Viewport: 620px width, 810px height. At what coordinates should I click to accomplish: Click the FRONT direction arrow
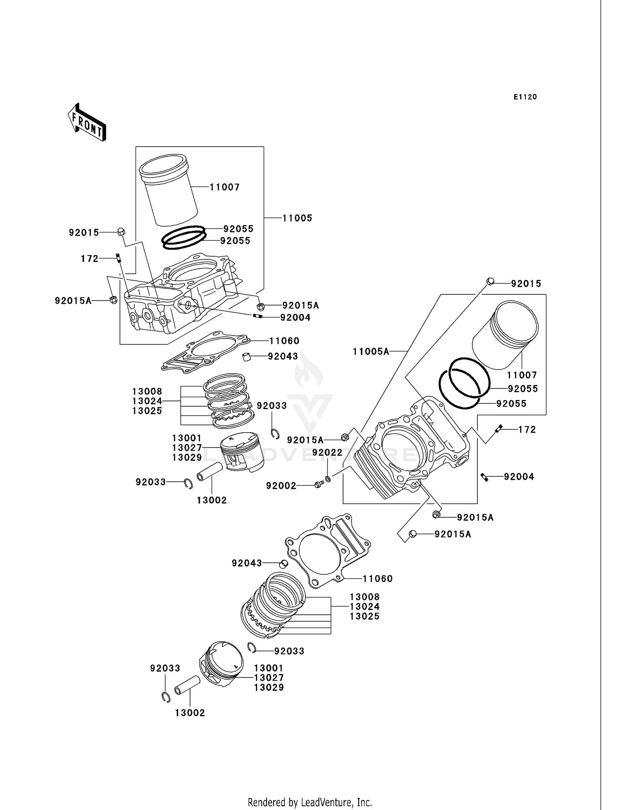tap(87, 122)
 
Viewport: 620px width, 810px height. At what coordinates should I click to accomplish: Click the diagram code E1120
tap(525, 97)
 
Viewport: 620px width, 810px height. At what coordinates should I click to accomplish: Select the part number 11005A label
tap(371, 351)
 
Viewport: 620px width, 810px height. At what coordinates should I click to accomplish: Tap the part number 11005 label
tap(297, 218)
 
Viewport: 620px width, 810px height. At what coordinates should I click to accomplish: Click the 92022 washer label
tap(327, 452)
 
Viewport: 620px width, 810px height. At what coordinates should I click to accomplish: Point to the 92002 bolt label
tap(281, 486)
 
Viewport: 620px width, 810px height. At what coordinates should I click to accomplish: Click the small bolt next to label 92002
tap(318, 485)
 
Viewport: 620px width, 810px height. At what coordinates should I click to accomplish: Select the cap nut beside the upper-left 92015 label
tap(121, 232)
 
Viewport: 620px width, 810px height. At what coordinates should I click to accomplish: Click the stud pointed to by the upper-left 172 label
tap(118, 258)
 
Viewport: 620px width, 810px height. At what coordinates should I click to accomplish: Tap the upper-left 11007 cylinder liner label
tap(224, 187)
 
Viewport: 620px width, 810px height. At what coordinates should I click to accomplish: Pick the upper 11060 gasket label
tap(284, 341)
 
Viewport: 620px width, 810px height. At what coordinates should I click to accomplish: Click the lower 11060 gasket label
tap(377, 579)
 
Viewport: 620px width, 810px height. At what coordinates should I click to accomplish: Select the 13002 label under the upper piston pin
tap(212, 500)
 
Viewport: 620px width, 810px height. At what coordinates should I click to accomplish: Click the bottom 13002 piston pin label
tap(190, 713)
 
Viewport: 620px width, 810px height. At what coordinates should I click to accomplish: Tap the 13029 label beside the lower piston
tap(269, 687)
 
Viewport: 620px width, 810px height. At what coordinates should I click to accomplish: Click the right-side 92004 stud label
tap(519, 477)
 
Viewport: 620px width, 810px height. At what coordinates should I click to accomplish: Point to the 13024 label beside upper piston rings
tap(147, 401)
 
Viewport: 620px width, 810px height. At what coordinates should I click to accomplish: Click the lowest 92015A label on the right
tap(453, 534)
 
